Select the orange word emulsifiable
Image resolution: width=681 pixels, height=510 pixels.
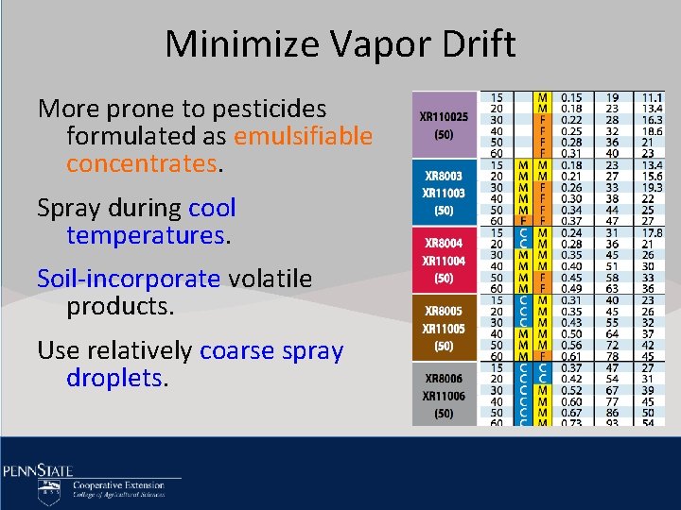[x=303, y=137]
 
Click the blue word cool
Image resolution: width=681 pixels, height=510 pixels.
[x=212, y=208]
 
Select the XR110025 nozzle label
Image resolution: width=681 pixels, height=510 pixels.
[x=444, y=118]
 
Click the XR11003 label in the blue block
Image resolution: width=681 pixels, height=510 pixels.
[x=444, y=193]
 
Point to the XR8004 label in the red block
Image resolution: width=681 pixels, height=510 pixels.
[x=444, y=244]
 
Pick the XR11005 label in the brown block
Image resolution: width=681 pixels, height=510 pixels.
[x=444, y=329]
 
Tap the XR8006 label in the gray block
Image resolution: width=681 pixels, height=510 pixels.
[x=444, y=380]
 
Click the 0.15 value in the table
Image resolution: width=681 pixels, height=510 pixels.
[x=571, y=96]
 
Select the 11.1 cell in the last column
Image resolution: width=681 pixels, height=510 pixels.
[x=652, y=96]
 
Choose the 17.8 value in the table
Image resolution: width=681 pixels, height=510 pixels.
[x=652, y=232]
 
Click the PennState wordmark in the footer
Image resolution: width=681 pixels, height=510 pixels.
[x=38, y=469]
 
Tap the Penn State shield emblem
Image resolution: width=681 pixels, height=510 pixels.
[x=49, y=491]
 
